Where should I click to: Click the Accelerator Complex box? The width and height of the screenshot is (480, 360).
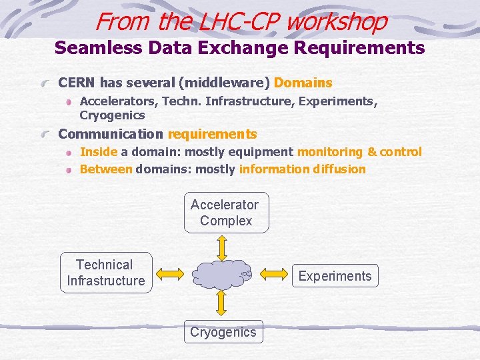226,213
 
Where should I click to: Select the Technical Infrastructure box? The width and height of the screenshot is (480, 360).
105,273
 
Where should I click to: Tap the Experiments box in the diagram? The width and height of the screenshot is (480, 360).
335,276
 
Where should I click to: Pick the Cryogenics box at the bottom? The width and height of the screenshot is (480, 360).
223,332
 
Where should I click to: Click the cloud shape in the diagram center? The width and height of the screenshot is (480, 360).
222,273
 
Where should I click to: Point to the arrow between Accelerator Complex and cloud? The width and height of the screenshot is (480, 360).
223,246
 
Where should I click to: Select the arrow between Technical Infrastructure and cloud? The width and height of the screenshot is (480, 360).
170,273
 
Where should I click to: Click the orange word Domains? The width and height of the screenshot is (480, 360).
303,83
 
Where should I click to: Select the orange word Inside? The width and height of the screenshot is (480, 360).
99,152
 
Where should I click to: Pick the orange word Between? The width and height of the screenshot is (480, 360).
106,169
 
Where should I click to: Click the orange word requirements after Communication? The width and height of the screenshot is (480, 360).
212,134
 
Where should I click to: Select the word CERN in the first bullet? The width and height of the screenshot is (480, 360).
77,83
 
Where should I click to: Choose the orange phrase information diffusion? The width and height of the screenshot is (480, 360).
302,169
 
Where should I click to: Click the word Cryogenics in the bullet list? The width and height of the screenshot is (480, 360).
112,115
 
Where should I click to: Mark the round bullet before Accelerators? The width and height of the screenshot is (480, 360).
69,102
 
